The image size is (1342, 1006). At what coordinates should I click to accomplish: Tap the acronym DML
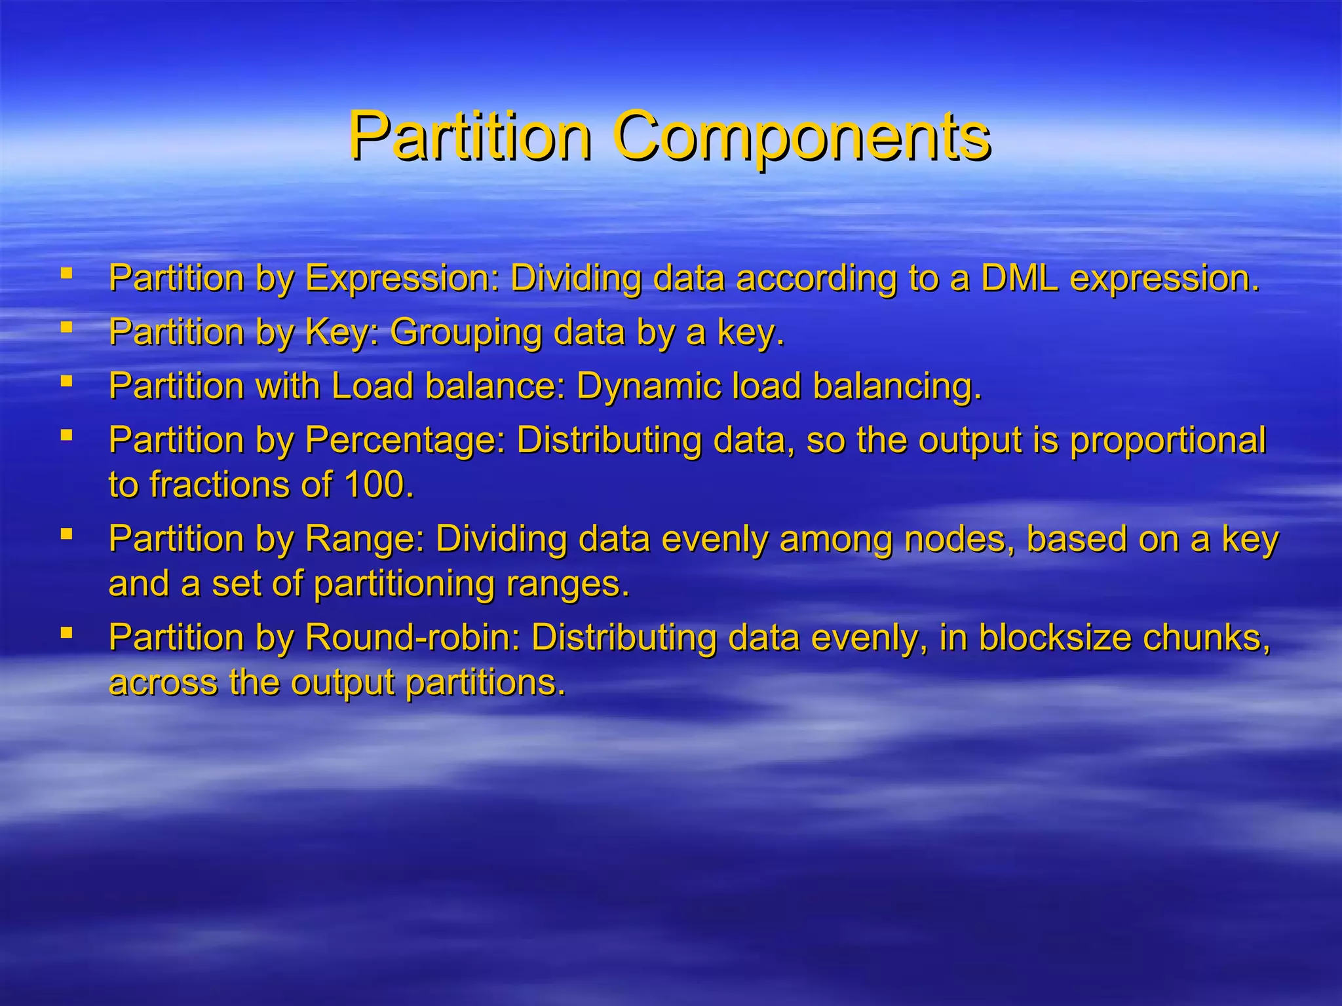coord(1019,278)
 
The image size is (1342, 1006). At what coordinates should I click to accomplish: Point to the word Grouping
coord(466,332)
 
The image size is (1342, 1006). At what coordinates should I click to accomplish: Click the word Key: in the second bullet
coord(343,332)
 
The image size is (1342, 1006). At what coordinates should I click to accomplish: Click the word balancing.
coord(897,386)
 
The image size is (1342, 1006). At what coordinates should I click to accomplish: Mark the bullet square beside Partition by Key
coord(66,326)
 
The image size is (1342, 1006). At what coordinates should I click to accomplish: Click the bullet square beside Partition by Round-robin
coord(66,632)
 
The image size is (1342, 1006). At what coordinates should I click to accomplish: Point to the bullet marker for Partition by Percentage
coord(66,434)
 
